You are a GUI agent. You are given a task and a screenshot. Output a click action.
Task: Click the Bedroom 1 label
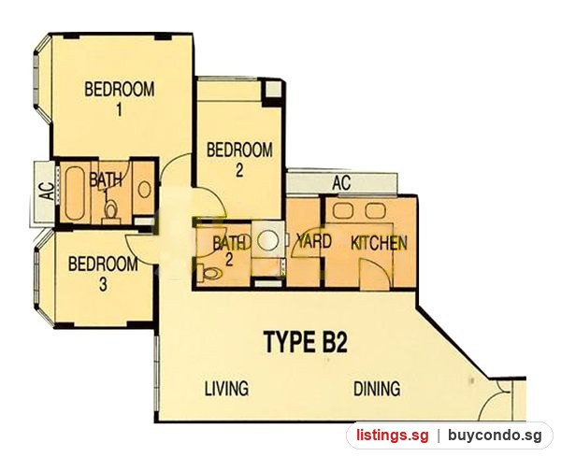(x=120, y=99)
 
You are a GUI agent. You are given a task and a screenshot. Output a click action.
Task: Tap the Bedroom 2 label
(x=239, y=160)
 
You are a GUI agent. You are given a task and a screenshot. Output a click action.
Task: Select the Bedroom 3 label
(x=103, y=274)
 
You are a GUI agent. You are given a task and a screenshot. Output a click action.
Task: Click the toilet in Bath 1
(x=110, y=211)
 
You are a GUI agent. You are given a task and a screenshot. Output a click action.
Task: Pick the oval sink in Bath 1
(x=145, y=190)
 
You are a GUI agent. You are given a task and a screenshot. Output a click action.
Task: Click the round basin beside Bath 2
(x=268, y=240)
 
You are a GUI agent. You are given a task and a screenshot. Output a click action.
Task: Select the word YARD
(x=314, y=241)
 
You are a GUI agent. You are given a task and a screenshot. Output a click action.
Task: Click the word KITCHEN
(x=379, y=243)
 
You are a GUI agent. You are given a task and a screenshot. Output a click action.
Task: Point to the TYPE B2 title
(x=305, y=342)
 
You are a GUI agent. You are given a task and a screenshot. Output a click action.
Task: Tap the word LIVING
(x=227, y=389)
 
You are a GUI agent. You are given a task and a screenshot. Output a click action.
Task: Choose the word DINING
(x=377, y=389)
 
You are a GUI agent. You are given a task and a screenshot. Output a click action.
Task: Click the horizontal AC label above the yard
(x=341, y=183)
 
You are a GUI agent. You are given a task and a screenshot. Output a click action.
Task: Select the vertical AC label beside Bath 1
(x=47, y=192)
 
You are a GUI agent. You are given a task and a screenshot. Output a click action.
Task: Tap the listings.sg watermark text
(x=392, y=436)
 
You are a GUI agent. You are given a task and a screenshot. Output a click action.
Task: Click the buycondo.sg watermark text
(x=495, y=436)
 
